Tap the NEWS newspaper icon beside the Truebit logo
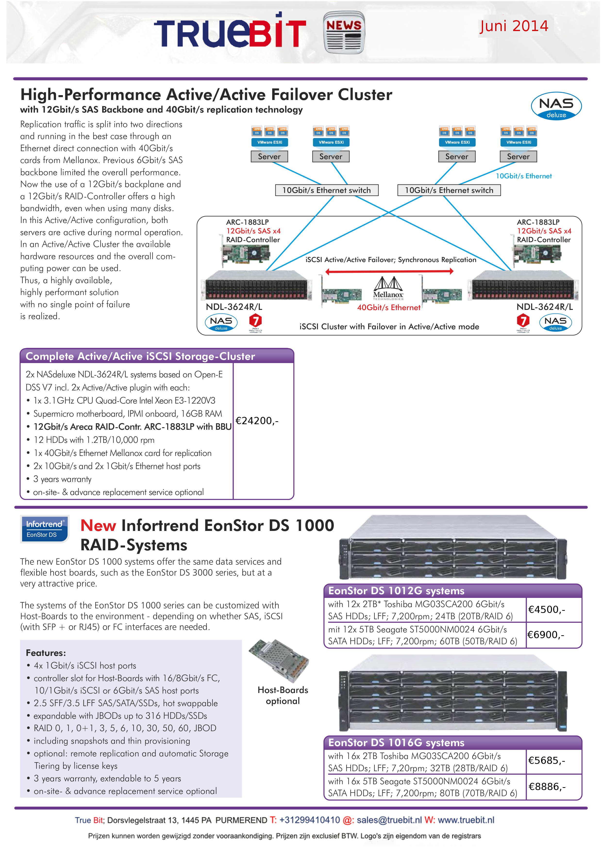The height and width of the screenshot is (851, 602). pos(344,33)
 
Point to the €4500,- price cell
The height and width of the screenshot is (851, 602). pos(546,610)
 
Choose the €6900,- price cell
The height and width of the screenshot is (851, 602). pos(546,635)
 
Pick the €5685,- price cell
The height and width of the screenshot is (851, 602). pos(546,760)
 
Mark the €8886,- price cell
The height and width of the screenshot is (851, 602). pos(547,786)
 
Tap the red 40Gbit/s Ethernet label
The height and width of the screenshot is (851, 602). pos(388,308)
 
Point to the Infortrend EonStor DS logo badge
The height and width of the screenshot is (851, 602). pos(44,529)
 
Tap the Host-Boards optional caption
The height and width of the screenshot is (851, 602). pos(283,695)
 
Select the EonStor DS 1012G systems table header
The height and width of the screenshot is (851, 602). pos(396,591)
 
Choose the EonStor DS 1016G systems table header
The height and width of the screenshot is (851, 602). pos(396,743)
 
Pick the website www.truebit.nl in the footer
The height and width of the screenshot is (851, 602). pos(466,820)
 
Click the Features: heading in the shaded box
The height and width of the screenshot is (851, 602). pos(46,653)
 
